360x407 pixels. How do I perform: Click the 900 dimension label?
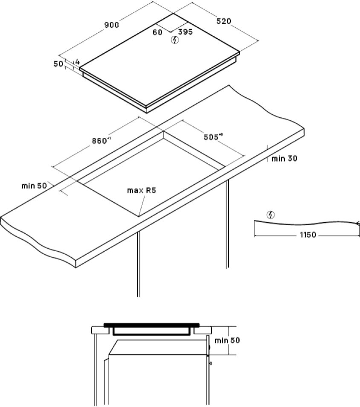(112, 25)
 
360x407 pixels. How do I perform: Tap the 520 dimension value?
(224, 21)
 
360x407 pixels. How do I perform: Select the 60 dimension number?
(157, 32)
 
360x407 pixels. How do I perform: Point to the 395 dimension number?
(185, 32)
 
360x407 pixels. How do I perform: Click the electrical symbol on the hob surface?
(175, 40)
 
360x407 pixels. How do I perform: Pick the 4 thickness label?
(77, 62)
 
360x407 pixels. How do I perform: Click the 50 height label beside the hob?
(58, 64)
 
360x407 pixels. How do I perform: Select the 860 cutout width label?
(101, 141)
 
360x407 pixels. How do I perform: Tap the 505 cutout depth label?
(213, 137)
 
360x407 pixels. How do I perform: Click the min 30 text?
(284, 158)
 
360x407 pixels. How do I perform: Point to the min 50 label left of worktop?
(34, 186)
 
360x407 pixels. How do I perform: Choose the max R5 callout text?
(142, 191)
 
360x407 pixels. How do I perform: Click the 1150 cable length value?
(308, 235)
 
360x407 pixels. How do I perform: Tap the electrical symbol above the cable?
(271, 215)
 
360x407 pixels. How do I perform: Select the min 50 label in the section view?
(227, 340)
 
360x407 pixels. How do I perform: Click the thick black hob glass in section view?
(151, 325)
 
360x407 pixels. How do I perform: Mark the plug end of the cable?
(358, 223)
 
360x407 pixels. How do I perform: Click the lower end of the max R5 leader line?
(139, 216)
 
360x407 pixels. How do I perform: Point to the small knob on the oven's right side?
(210, 363)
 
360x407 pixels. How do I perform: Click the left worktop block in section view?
(100, 330)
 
